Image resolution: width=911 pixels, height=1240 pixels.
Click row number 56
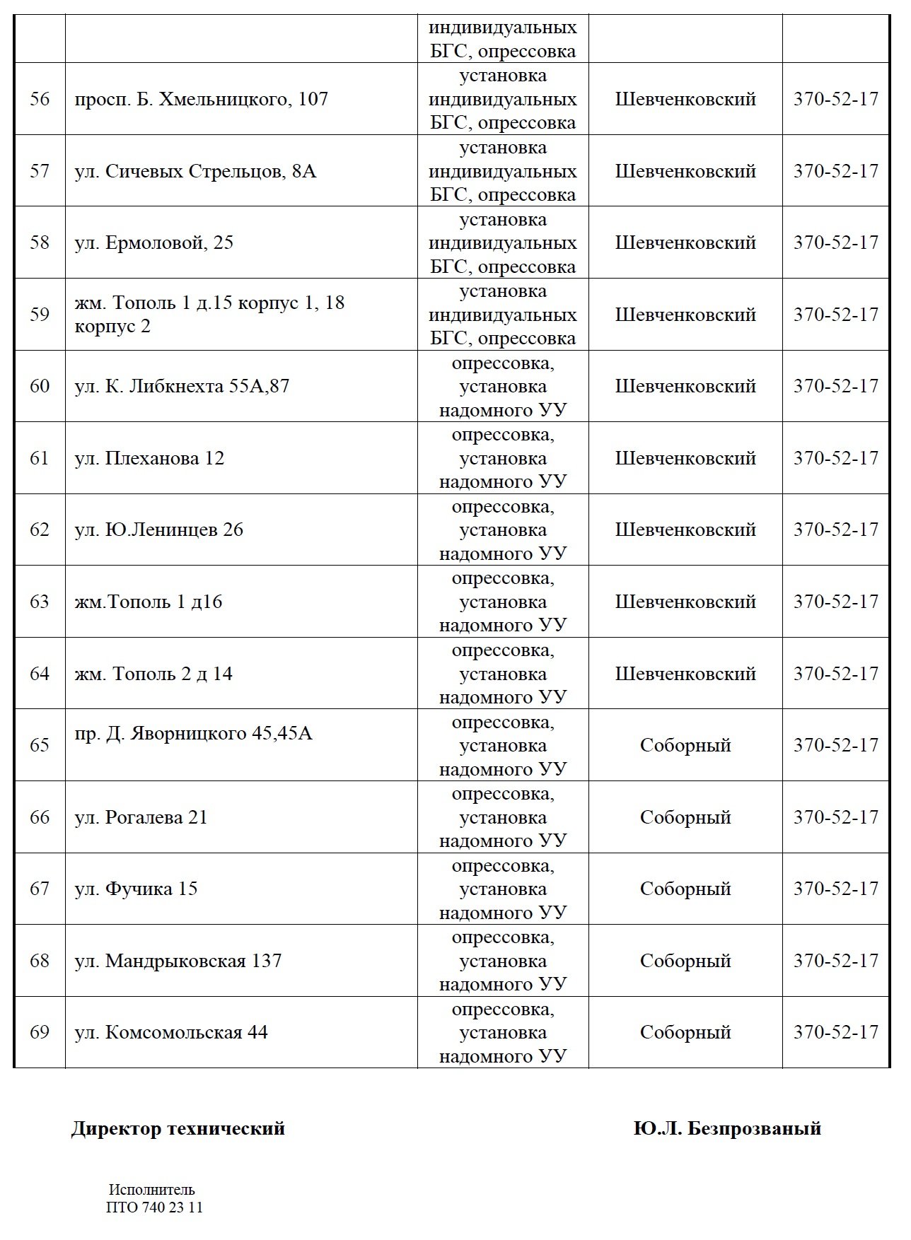[x=40, y=99]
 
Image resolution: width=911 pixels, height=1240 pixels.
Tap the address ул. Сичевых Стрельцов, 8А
[x=195, y=171]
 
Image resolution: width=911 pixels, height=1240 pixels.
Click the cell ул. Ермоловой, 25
[x=153, y=243]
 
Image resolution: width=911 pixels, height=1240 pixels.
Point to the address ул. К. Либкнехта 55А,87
[x=182, y=387]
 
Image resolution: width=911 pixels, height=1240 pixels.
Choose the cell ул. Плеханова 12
[x=149, y=458]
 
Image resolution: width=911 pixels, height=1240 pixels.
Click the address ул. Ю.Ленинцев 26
[x=158, y=530]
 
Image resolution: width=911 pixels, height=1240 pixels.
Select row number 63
[x=40, y=602]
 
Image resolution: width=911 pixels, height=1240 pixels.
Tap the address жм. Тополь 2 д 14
[x=153, y=674]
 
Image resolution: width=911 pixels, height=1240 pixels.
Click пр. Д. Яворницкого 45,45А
[x=193, y=734]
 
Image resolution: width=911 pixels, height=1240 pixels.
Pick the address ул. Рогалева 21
[x=141, y=817]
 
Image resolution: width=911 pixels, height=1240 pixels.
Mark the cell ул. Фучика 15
[x=136, y=889]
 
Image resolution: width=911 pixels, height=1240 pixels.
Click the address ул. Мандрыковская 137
[x=178, y=961]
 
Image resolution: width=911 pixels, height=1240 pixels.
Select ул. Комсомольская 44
[x=171, y=1032]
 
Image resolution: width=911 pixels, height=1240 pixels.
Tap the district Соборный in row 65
[x=685, y=745]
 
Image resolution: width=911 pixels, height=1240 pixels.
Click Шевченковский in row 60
[x=685, y=387]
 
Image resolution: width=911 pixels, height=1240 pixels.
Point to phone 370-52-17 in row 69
[x=835, y=1032]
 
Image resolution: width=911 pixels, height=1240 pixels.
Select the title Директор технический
[x=178, y=1128]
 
